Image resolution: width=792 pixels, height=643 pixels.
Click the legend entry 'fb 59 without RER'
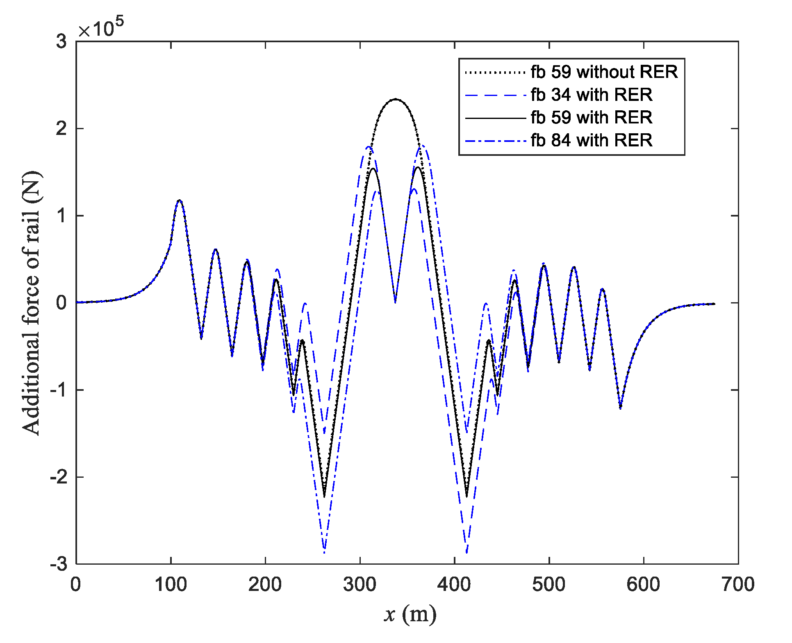click(604, 72)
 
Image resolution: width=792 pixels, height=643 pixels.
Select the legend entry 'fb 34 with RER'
click(591, 95)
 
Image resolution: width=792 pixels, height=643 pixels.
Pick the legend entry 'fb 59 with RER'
click(591, 117)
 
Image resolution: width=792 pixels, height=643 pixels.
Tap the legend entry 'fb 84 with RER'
click(591, 140)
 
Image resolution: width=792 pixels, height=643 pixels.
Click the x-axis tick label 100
click(171, 584)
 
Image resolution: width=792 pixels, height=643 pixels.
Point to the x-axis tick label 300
click(360, 584)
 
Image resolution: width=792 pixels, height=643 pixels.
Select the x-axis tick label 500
click(548, 584)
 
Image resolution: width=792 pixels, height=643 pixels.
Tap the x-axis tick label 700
click(737, 584)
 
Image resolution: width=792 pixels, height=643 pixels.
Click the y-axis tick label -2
click(59, 477)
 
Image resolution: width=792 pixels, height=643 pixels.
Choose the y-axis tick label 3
click(61, 41)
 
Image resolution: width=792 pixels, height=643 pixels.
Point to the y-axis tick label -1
click(59, 390)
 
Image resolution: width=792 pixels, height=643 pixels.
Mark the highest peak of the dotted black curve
click(395, 99)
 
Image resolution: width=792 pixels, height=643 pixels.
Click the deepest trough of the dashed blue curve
click(467, 552)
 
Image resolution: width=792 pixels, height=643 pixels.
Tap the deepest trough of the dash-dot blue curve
click(324, 552)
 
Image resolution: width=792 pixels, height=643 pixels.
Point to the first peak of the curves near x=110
click(179, 200)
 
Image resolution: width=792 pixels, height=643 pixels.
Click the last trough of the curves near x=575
click(620, 408)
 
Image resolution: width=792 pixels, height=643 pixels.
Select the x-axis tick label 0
click(76, 584)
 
